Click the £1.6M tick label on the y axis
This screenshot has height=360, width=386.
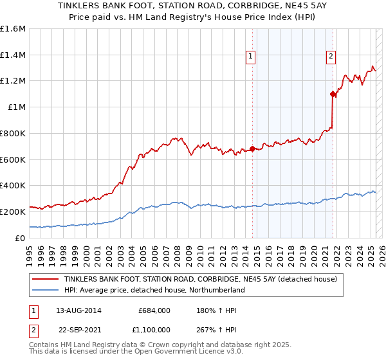coord(13,29)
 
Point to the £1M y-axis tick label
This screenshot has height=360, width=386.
coord(15,107)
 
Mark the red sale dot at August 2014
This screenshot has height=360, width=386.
coord(252,148)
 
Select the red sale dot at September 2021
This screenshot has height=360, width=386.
coord(333,94)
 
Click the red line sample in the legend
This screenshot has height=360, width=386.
coord(46,279)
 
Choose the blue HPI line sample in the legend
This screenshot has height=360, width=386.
coord(46,290)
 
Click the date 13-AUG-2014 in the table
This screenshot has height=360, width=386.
coord(78,310)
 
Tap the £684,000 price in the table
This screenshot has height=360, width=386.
coord(154,310)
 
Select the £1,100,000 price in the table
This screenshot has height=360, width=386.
coord(149,332)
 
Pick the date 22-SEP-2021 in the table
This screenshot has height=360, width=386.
coord(78,332)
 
